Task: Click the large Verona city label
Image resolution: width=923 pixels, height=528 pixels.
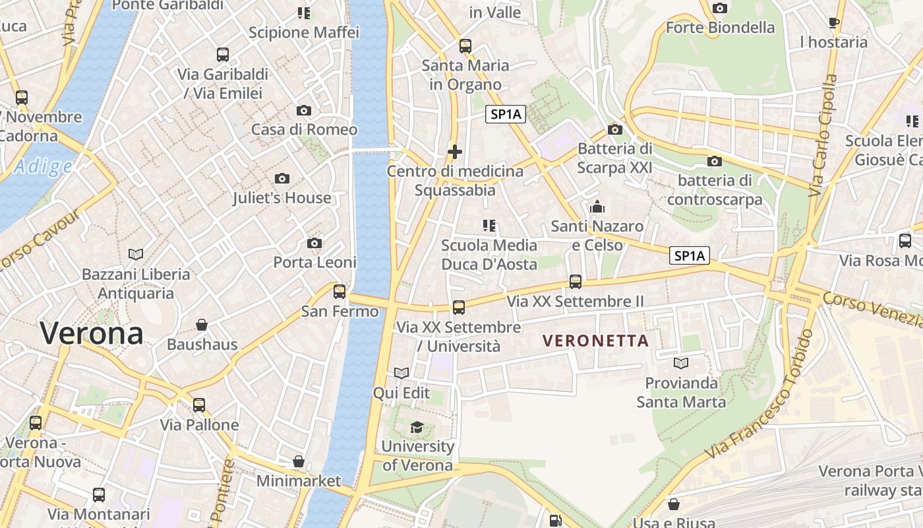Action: (92, 333)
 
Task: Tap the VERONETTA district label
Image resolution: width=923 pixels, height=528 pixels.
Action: (595, 341)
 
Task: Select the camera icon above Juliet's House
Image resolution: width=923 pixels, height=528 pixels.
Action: (282, 178)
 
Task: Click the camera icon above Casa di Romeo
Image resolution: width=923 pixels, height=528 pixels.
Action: (304, 110)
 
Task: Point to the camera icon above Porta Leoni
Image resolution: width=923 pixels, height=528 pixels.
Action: (314, 243)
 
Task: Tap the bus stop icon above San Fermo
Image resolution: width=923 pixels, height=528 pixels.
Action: (340, 291)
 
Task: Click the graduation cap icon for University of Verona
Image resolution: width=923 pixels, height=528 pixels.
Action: (417, 427)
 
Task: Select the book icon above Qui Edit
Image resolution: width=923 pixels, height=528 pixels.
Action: (402, 374)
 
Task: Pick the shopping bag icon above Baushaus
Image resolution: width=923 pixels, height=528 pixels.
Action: (202, 325)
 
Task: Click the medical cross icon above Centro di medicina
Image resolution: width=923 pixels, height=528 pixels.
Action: (455, 152)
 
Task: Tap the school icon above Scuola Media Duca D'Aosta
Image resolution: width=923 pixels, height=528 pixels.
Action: (489, 226)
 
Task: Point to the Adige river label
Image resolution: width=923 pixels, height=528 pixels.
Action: (43, 167)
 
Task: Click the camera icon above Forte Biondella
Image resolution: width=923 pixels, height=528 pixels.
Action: (720, 8)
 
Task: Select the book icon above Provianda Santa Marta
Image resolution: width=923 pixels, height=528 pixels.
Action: (681, 363)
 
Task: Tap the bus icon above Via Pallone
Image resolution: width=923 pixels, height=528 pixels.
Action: (199, 405)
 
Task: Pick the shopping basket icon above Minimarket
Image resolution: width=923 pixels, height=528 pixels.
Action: (299, 461)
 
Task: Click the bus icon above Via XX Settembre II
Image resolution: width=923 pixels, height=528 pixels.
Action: (576, 282)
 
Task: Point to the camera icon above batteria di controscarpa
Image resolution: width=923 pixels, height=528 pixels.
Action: (714, 161)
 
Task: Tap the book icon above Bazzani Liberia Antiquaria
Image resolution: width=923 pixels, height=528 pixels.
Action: (136, 254)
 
